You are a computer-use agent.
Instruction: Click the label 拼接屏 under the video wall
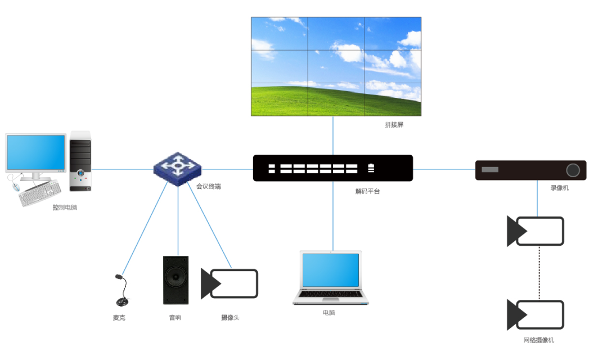click(x=394, y=125)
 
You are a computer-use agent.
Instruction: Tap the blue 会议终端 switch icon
click(x=177, y=168)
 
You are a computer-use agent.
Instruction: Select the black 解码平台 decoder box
click(x=332, y=168)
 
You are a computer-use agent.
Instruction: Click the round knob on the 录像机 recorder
click(x=573, y=170)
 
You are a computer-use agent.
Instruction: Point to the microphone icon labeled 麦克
click(x=120, y=291)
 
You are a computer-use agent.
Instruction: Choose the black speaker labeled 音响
click(x=176, y=280)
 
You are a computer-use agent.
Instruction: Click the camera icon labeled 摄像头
click(x=230, y=283)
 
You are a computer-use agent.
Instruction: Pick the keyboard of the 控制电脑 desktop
click(x=41, y=194)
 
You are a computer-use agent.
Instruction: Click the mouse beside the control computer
click(x=15, y=186)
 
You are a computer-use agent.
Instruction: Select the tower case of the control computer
click(x=80, y=160)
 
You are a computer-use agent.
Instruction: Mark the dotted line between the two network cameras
click(x=539, y=273)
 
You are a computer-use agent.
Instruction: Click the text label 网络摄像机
click(x=539, y=340)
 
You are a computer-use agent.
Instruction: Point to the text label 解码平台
click(x=367, y=191)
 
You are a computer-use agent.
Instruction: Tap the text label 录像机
click(x=559, y=188)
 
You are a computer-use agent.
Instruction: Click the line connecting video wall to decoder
click(x=332, y=135)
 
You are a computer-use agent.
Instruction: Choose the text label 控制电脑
click(x=65, y=208)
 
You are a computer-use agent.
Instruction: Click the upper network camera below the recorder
click(x=536, y=231)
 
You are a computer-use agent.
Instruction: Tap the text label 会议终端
click(x=208, y=186)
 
